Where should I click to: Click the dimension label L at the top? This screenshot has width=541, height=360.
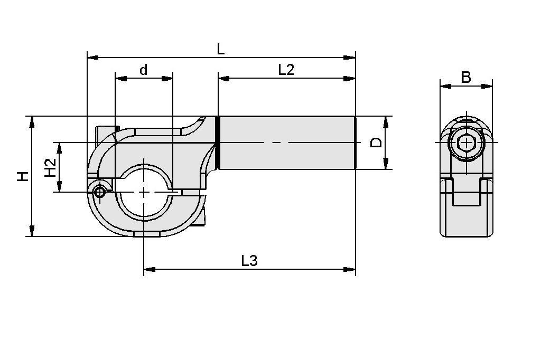(221, 49)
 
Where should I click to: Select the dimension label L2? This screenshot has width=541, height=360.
(286, 70)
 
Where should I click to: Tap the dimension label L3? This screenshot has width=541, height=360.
(249, 261)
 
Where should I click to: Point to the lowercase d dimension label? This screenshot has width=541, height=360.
(143, 70)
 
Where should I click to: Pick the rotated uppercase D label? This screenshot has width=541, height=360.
(376, 143)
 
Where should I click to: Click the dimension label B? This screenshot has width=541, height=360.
(465, 78)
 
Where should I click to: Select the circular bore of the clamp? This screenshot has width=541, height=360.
(144, 193)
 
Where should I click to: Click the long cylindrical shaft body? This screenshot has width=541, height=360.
(285, 143)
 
